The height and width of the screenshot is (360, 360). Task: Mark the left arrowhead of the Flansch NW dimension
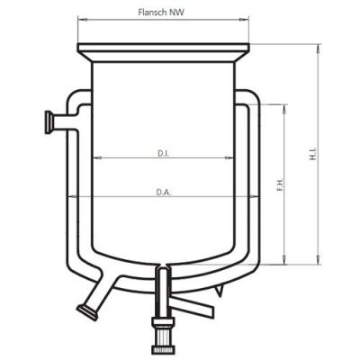[x=81, y=20]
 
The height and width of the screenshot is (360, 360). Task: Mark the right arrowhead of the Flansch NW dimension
[x=247, y=20]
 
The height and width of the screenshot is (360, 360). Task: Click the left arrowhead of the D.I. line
[x=96, y=159]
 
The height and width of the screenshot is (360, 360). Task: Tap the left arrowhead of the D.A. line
[x=70, y=197]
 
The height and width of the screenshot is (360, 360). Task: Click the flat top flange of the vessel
[x=163, y=49]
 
